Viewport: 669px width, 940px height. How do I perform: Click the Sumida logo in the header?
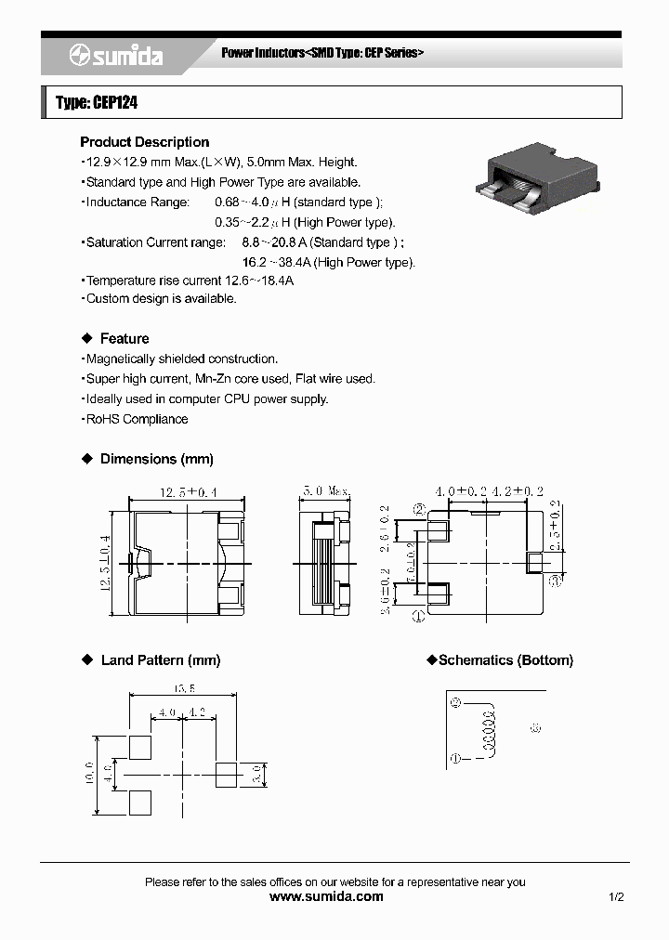[x=115, y=57]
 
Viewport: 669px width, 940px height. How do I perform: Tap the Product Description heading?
[x=144, y=142]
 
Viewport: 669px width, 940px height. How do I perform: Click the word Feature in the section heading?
[x=125, y=339]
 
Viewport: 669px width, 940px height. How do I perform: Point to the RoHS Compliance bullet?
[x=137, y=419]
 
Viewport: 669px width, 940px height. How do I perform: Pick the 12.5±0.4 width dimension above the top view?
[x=189, y=491]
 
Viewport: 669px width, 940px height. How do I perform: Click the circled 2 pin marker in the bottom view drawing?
[x=419, y=509]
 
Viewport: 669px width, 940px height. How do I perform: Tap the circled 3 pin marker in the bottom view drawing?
[x=555, y=581]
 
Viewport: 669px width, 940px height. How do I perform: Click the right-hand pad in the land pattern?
[x=226, y=773]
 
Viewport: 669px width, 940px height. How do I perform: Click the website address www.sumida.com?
[x=325, y=896]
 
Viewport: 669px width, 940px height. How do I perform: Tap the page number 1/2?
[x=616, y=897]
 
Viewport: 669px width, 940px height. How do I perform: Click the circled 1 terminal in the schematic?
[x=455, y=759]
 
